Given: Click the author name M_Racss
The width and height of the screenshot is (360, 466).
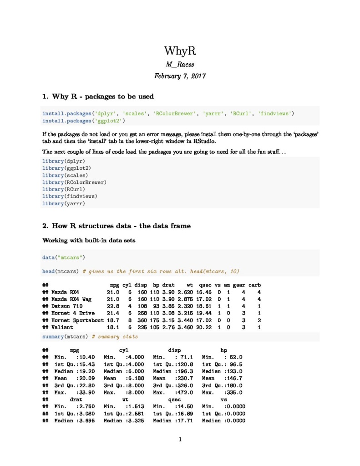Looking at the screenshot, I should (x=180, y=65).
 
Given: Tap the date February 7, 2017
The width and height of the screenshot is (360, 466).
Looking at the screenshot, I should (x=180, y=76).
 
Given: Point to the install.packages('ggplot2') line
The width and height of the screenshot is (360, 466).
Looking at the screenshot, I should (x=83, y=121).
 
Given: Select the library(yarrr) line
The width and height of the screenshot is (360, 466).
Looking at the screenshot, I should (x=63, y=203).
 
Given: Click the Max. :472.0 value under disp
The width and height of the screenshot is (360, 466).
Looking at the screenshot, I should (x=173, y=392).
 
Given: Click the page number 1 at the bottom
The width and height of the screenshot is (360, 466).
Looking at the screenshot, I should (x=180, y=439).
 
